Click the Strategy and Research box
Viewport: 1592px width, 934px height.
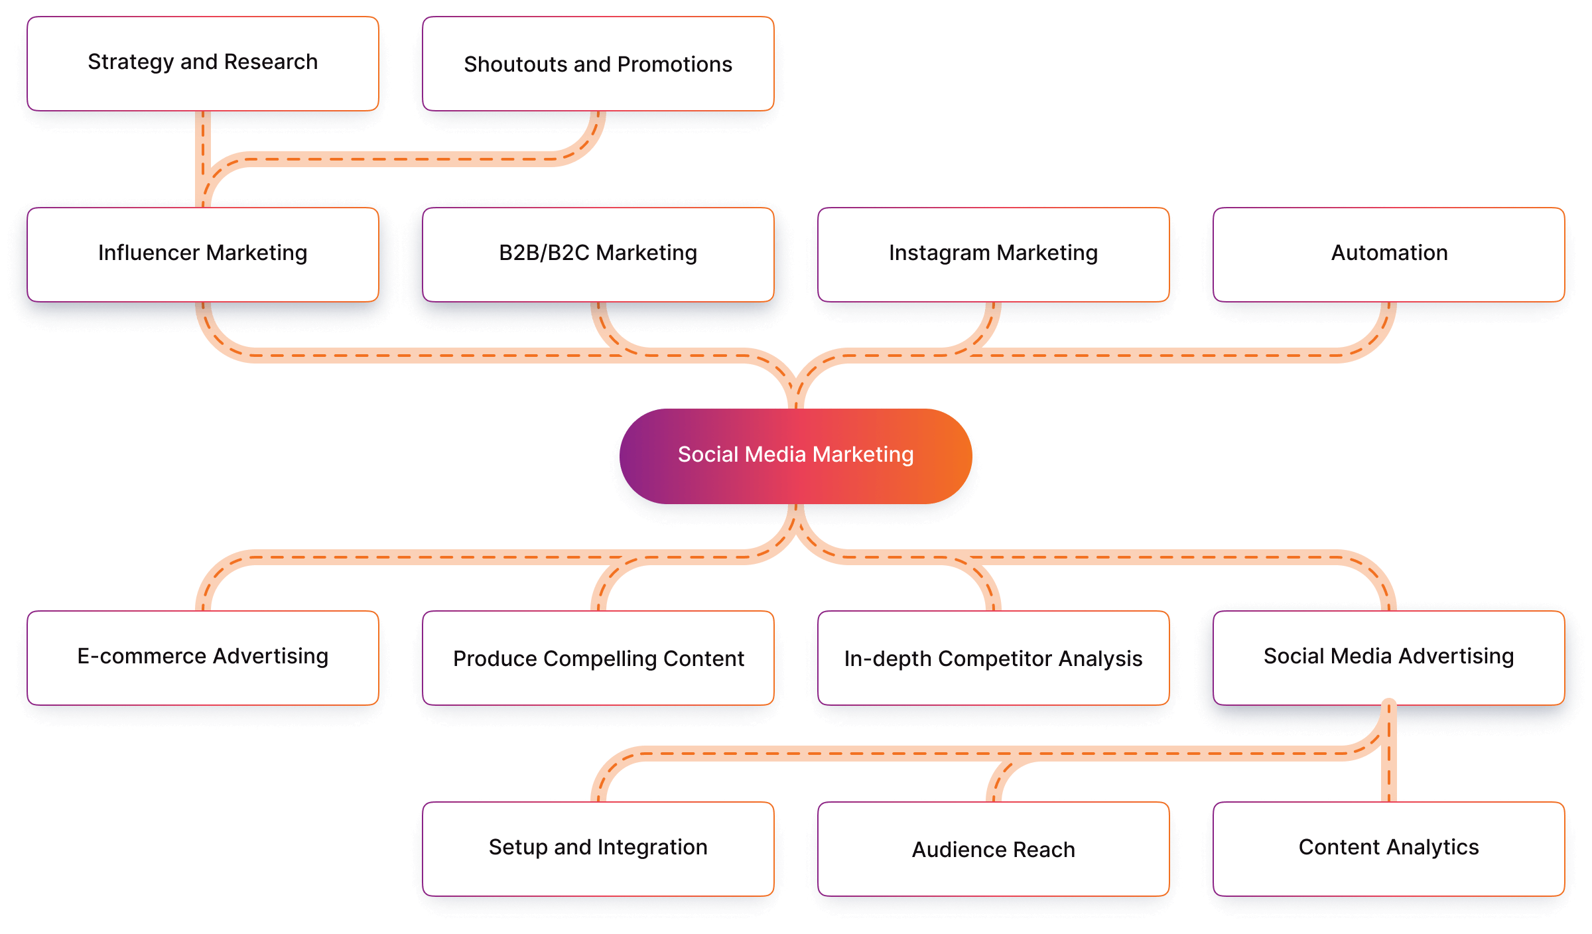pos(203,63)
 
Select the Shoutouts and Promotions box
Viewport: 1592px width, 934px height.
pos(598,64)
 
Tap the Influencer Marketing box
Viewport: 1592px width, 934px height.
pos(203,254)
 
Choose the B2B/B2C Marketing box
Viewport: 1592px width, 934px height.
pos(598,254)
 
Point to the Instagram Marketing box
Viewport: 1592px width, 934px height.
pos(993,254)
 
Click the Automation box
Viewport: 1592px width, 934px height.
pos(1389,254)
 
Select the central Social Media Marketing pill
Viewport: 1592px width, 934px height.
pos(795,456)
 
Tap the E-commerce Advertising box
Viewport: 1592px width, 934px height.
pos(203,657)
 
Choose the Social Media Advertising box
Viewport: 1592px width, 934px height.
pos(1389,657)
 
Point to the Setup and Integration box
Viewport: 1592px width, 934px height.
pos(598,848)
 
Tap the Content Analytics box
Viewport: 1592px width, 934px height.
pos(1389,848)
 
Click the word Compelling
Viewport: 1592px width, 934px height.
pos(598,659)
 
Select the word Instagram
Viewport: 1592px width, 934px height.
pos(939,253)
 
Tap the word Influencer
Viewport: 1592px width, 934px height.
pos(149,253)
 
